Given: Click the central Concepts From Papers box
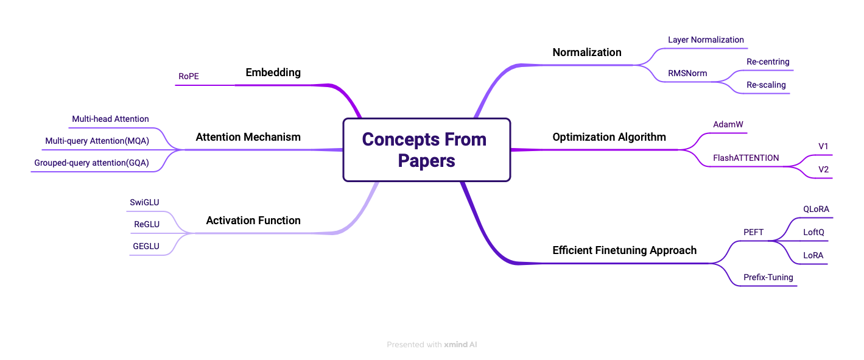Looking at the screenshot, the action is [426, 150].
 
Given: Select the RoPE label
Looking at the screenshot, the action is [189, 76].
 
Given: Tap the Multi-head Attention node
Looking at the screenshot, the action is [110, 119].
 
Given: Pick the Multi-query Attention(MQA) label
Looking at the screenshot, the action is [97, 141].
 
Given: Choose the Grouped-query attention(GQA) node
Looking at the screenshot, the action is [91, 163].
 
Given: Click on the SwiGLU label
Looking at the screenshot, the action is [145, 202].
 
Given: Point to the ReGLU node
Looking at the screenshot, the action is [147, 224].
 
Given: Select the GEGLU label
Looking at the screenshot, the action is [146, 246].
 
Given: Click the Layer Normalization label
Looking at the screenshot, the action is [706, 40].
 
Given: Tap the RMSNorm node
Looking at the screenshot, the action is [687, 73].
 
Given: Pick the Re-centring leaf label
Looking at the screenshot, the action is [768, 62].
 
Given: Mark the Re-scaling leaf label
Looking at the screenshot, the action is [766, 85].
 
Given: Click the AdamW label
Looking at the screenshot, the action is [728, 124].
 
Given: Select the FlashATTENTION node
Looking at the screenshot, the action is [746, 158].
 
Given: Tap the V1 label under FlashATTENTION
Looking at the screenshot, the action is [823, 146].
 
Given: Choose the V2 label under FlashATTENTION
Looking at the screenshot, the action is [823, 169].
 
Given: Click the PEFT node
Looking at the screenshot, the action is [753, 232].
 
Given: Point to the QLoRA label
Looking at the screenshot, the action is [816, 209].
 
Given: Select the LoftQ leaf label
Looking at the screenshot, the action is [813, 232].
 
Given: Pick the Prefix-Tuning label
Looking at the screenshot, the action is [768, 277].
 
